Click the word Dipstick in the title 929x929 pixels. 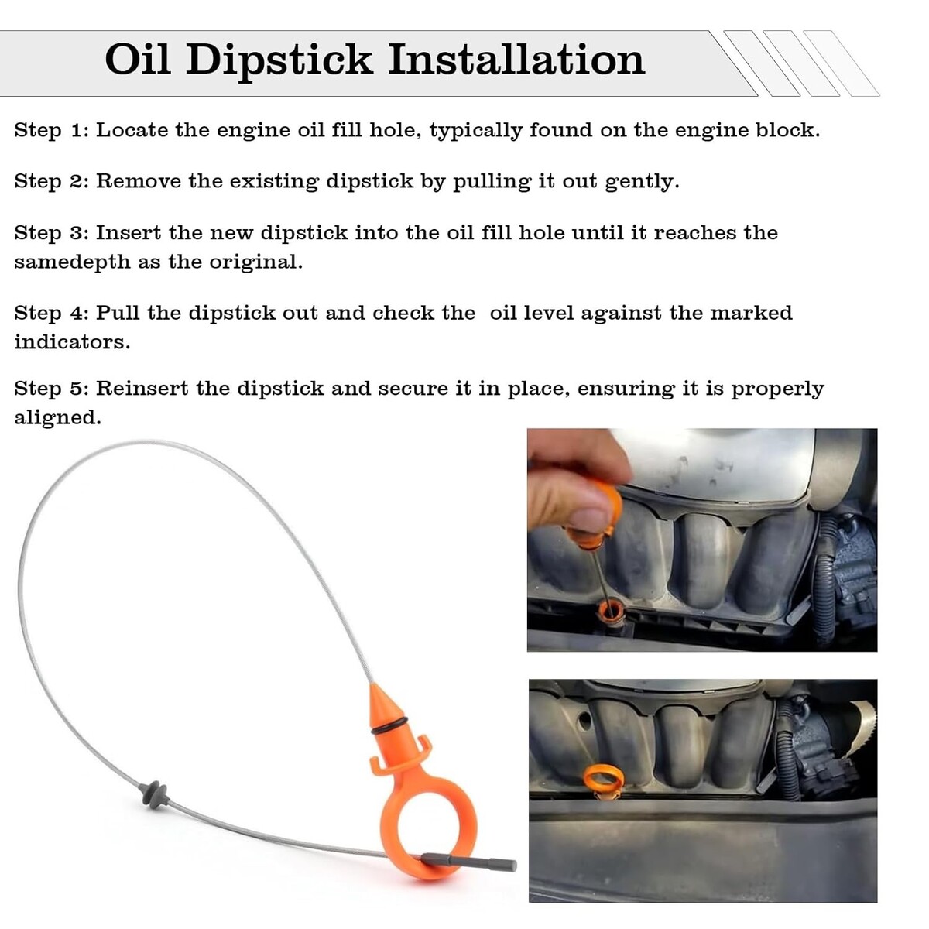click(x=279, y=60)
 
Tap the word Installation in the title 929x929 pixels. click(x=516, y=60)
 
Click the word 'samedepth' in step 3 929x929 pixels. click(x=72, y=263)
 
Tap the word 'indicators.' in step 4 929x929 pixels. click(x=72, y=342)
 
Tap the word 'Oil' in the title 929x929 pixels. click(x=138, y=60)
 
